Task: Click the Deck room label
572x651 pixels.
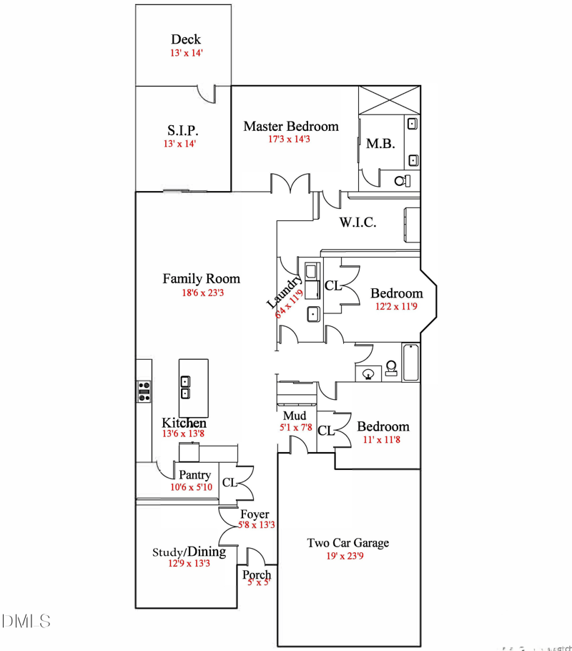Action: [x=185, y=39]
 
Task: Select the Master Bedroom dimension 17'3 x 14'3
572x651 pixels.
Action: [x=289, y=139]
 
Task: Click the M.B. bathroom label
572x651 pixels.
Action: [x=380, y=143]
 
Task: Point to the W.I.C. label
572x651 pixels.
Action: [x=357, y=222]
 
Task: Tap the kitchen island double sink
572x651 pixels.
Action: [x=185, y=387]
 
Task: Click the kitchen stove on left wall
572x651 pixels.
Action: [x=144, y=391]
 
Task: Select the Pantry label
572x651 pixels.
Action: [x=194, y=475]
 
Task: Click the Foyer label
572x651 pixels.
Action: [x=255, y=514]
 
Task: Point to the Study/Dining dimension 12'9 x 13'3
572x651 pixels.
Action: [x=189, y=563]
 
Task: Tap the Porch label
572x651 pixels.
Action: [x=257, y=575]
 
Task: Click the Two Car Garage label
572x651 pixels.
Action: [x=348, y=543]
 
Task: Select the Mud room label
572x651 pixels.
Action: [x=295, y=416]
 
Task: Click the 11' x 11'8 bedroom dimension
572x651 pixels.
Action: [x=383, y=440]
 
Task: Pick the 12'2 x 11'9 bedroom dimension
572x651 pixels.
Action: [x=396, y=306]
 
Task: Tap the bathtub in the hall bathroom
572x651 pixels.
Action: [x=411, y=363]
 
